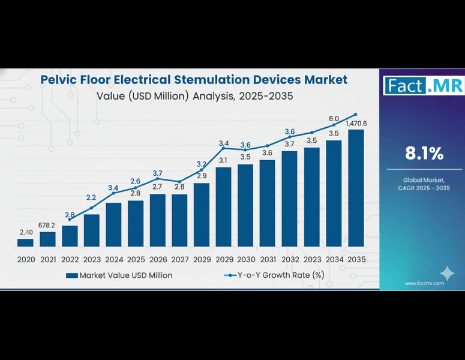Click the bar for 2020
point(25,242)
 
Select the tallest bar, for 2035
point(356,188)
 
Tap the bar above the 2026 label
point(158,220)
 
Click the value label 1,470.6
point(356,124)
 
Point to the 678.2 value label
point(48,225)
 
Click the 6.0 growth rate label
point(334,118)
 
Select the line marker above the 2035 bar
point(356,114)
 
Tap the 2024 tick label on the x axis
point(113,259)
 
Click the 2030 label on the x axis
point(245,259)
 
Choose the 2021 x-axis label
point(47,259)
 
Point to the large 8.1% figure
point(424,154)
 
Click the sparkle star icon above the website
point(446,274)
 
